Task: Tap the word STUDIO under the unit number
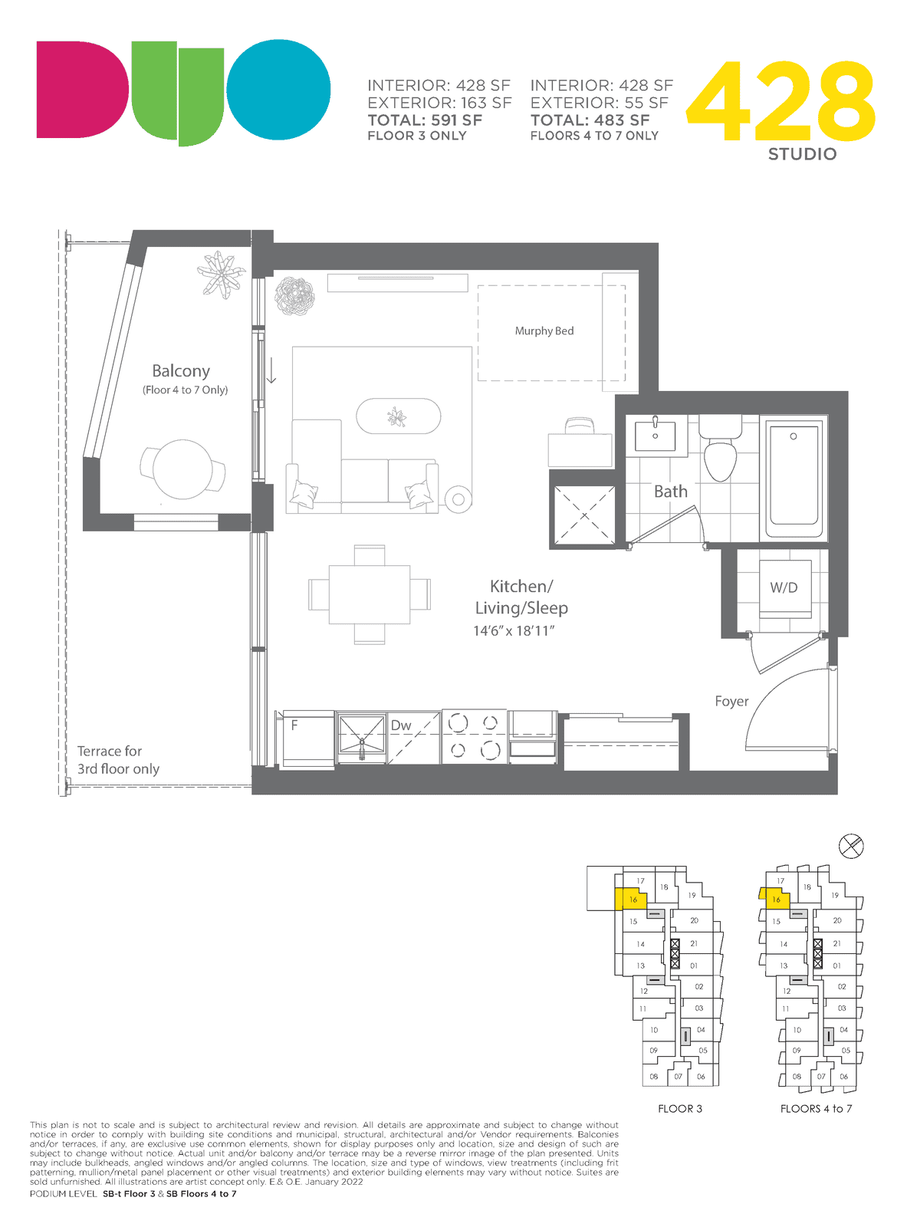(x=802, y=154)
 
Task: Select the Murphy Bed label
(x=544, y=331)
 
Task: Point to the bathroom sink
(x=655, y=436)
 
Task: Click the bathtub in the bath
(x=794, y=479)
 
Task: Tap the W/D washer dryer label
(x=784, y=587)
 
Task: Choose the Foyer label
(x=731, y=702)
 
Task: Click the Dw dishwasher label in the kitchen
(x=401, y=725)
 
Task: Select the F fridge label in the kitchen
(x=294, y=725)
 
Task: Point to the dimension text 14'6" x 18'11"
(x=514, y=630)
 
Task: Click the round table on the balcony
(x=182, y=469)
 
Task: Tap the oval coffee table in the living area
(x=398, y=416)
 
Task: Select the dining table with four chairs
(x=370, y=594)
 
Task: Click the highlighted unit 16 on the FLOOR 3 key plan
(x=630, y=899)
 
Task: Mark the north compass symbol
(x=850, y=846)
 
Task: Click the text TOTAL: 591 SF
(x=425, y=120)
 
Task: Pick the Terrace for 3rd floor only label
(x=118, y=760)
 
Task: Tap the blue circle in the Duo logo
(x=279, y=89)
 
